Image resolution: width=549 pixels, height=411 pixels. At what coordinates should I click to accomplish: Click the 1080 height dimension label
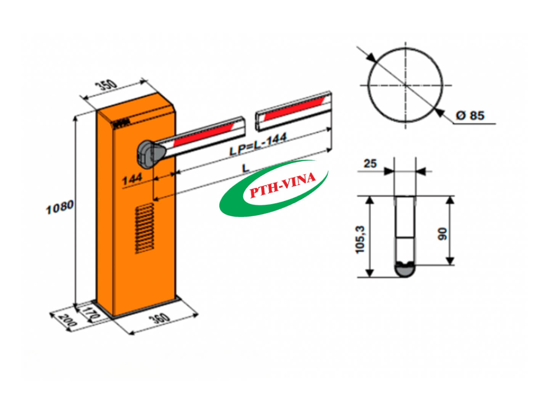point(59,207)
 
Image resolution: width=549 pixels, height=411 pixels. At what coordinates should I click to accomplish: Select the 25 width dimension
point(370,164)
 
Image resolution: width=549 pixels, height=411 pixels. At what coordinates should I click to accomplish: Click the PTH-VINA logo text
point(282,186)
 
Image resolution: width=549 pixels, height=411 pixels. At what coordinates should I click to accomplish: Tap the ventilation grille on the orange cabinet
point(144,228)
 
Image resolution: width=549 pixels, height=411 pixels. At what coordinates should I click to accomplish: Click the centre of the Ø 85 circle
point(406,85)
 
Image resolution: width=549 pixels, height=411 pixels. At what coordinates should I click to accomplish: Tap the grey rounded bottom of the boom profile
point(405,269)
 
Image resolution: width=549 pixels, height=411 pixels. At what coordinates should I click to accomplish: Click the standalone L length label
point(246,167)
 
